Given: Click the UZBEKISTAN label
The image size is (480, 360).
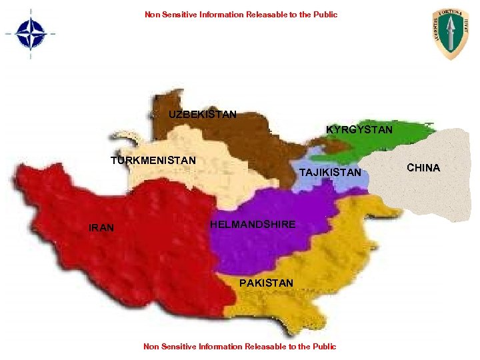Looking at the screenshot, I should pyautogui.click(x=202, y=115).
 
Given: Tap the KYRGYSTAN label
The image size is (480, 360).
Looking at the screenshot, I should pyautogui.click(x=359, y=129).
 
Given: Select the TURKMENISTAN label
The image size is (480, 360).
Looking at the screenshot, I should pyautogui.click(x=153, y=161).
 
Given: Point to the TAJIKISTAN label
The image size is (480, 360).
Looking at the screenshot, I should pyautogui.click(x=330, y=173).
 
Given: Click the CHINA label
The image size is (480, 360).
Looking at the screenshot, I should pyautogui.click(x=423, y=168).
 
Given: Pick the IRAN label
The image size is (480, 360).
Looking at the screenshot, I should pyautogui.click(x=101, y=229).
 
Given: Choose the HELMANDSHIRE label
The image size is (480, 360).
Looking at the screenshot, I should pyautogui.click(x=253, y=225).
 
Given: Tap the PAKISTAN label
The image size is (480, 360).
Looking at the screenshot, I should pyautogui.click(x=266, y=283).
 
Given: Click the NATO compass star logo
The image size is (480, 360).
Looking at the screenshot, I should pyautogui.click(x=31, y=33).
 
